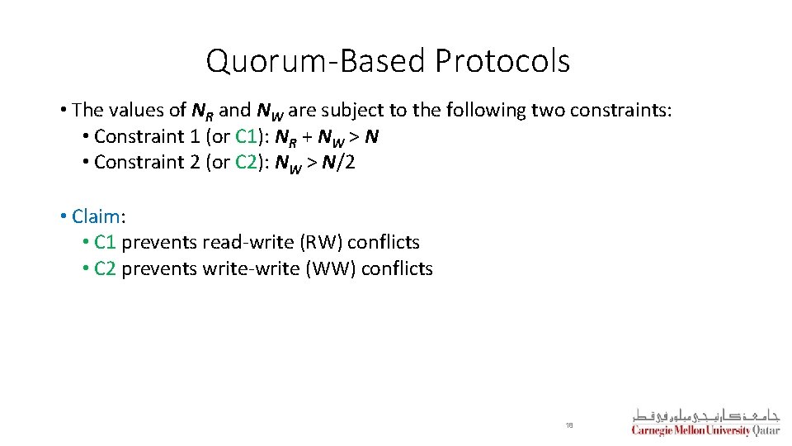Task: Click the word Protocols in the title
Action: (502, 61)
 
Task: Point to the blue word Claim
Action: (96, 216)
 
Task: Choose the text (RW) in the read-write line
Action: (320, 243)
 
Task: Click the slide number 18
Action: (568, 425)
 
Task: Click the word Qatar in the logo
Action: (766, 430)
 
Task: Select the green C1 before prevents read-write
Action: (105, 243)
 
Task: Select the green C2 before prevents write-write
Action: (105, 268)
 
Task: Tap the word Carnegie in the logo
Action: (652, 430)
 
